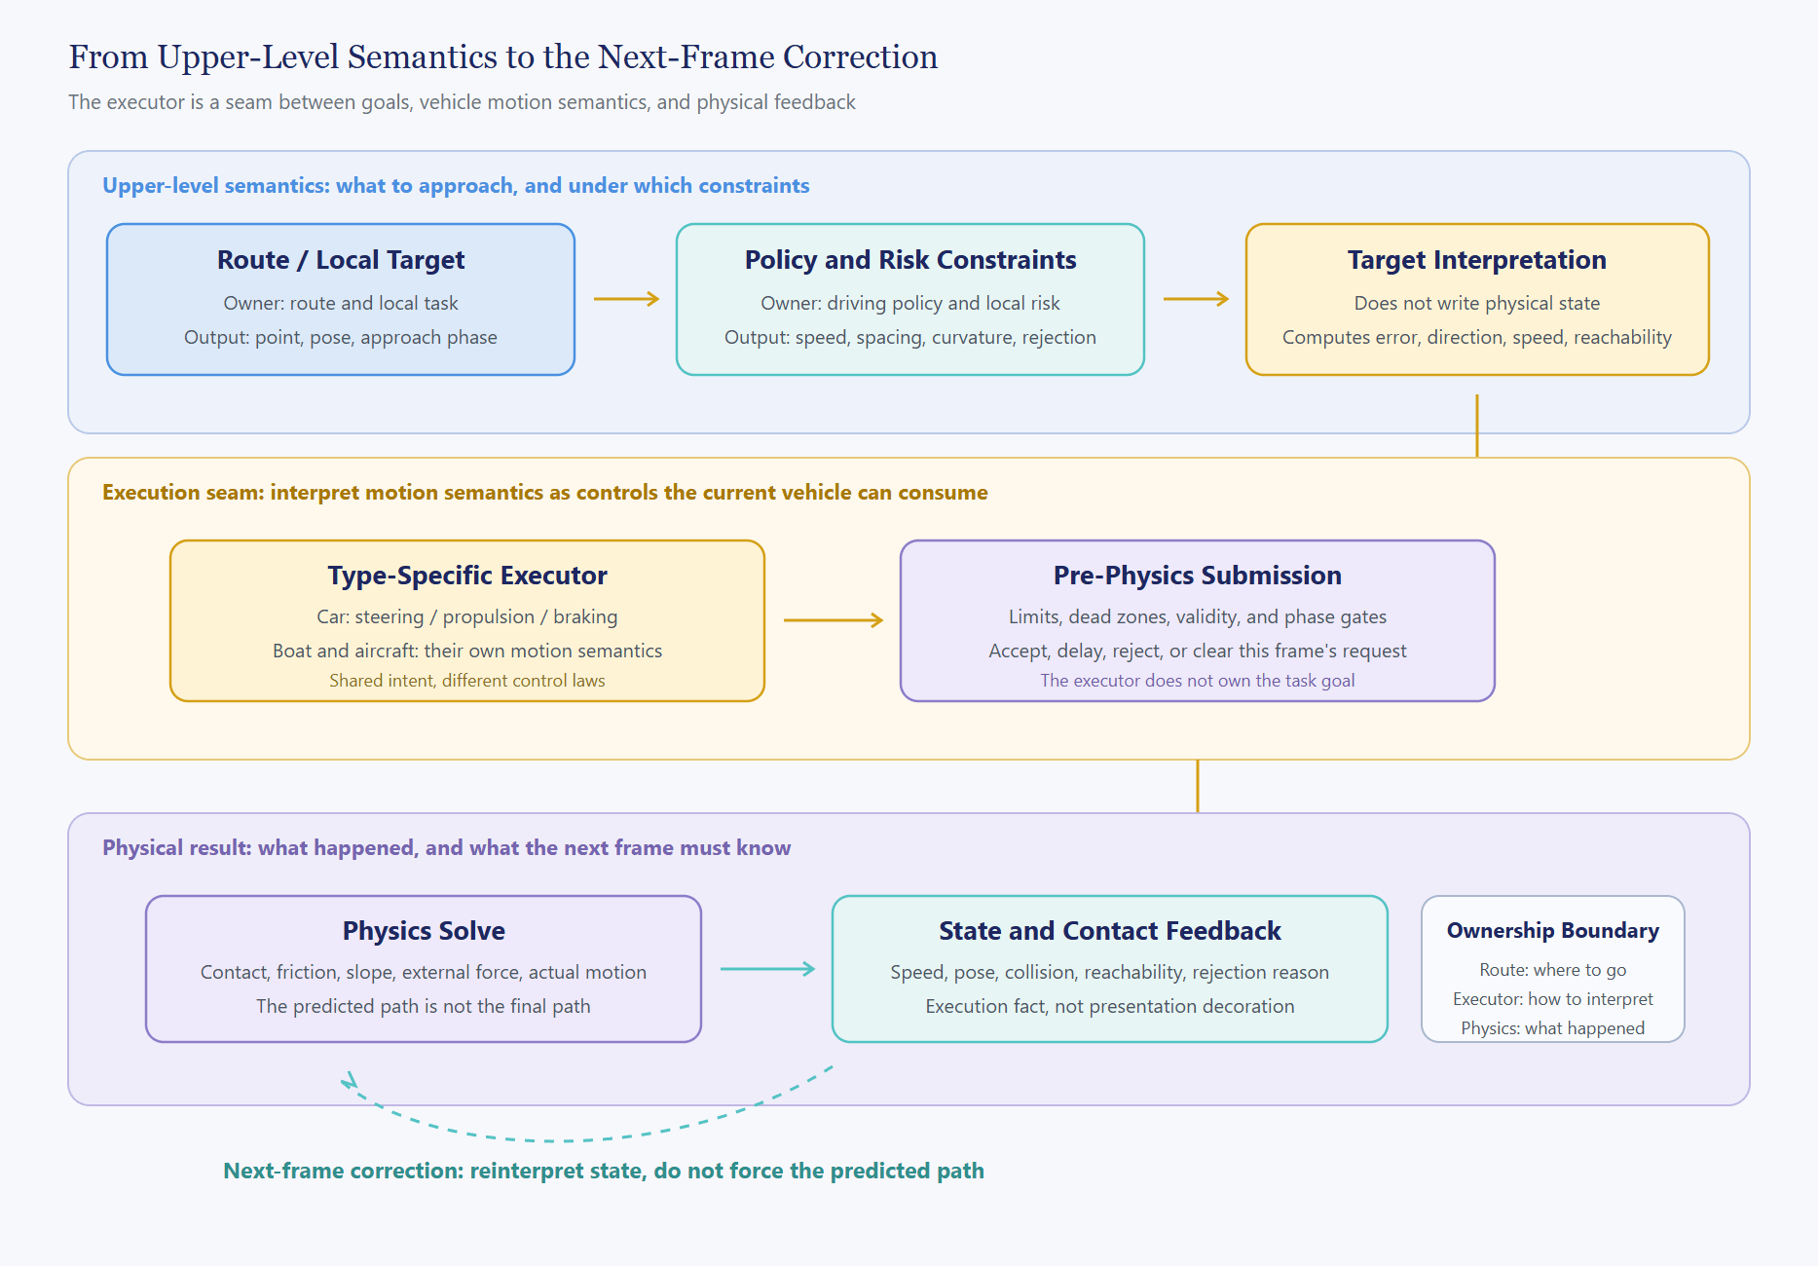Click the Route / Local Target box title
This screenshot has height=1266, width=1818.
coord(341,260)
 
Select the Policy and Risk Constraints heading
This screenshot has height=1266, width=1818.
coord(910,260)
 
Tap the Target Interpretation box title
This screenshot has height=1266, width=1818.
coord(1477,260)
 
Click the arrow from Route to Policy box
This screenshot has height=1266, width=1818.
coord(626,299)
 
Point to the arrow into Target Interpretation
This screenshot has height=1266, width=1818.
coord(1196,299)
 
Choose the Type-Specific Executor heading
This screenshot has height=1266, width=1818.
coord(467,576)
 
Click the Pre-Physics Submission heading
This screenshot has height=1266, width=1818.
coord(1198,576)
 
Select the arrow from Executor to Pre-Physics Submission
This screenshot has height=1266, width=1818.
coord(834,620)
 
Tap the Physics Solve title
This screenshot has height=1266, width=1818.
coord(424,931)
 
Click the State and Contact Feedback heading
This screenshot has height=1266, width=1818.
coord(1110,931)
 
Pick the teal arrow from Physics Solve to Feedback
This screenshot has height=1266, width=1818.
coord(768,969)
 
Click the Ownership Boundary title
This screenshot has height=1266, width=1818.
coord(1553,930)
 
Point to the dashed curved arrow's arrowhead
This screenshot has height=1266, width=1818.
coord(349,1080)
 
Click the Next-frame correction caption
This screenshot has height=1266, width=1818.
coord(604,1171)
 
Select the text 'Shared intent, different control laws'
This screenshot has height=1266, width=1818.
coord(467,681)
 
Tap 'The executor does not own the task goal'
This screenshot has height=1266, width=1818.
coord(1198,681)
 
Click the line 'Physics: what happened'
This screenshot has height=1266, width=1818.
coord(1553,1028)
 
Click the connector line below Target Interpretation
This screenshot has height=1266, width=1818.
coord(1477,426)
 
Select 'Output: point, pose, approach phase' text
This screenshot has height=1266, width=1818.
coord(341,337)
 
